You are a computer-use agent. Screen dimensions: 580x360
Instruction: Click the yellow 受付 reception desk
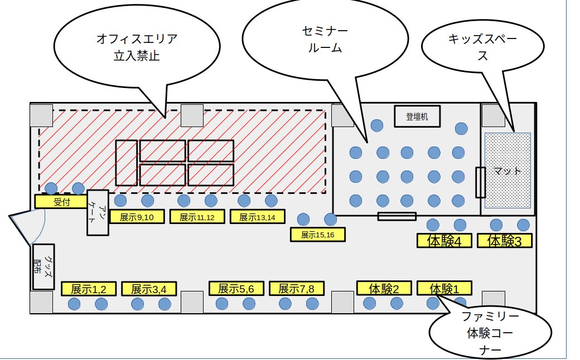coord(61,201)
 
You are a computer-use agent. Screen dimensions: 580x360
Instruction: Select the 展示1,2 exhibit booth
coord(89,289)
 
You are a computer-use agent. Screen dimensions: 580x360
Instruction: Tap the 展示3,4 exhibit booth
coord(149,289)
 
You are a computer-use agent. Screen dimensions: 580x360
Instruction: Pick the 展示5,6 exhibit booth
coord(236,288)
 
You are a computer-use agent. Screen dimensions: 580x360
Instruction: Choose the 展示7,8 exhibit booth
coord(297,288)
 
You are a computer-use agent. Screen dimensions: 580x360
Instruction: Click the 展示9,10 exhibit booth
coord(137,217)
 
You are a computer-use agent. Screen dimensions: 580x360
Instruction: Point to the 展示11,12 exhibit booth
coord(197,217)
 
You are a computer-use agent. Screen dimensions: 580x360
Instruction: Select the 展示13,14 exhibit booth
coord(258,217)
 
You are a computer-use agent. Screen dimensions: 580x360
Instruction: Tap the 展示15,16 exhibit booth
coord(318,234)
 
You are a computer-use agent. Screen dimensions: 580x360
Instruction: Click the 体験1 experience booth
coord(444,288)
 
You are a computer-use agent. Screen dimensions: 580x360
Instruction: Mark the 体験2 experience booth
coord(384,288)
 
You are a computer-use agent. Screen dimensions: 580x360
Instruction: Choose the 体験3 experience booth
coord(505,241)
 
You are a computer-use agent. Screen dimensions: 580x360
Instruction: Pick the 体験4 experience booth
coord(444,241)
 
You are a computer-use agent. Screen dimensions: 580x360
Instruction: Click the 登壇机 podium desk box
coord(417,116)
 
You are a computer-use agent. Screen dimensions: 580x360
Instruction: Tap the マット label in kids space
coord(507,171)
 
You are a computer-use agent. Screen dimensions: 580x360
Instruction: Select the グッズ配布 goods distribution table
coord(43,267)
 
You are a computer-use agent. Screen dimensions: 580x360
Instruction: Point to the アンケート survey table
coord(98,212)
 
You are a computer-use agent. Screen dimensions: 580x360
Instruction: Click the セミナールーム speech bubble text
coord(325,39)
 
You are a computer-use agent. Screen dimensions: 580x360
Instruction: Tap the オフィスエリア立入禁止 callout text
coord(137,47)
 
